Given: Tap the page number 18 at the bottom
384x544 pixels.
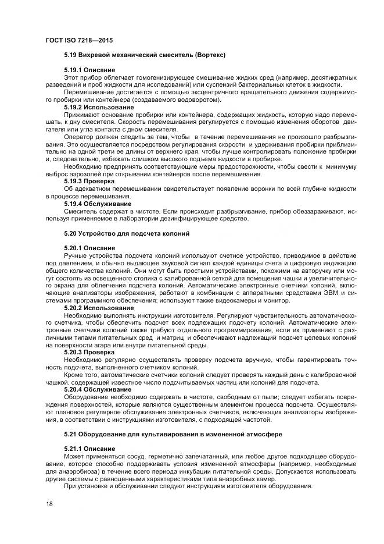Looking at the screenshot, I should [x=49, y=504].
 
